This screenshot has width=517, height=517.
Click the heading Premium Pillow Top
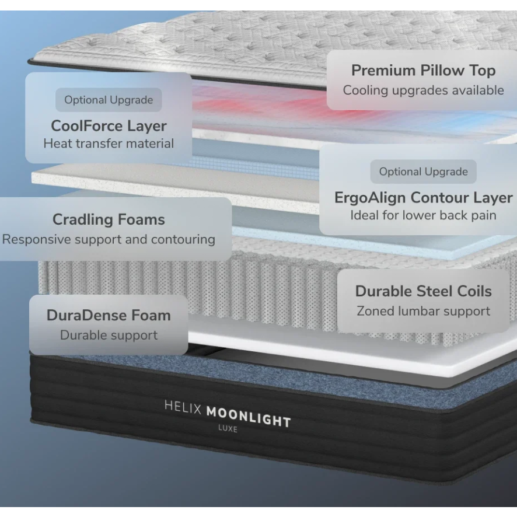coord(424,71)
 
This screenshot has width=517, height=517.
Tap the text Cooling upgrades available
coord(424,90)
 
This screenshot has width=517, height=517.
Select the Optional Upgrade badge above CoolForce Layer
coord(109,100)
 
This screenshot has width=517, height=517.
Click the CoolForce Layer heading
coord(109,126)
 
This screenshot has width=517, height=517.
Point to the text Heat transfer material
coord(109,144)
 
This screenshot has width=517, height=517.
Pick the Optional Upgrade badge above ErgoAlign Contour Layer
coord(424,172)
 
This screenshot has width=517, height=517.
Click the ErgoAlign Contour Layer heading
coord(424,198)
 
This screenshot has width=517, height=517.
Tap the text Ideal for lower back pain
coord(424,215)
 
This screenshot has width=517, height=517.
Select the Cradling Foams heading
coord(109,219)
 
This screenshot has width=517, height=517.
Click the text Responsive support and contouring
coord(109,239)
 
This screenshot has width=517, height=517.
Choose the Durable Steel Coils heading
coord(424,291)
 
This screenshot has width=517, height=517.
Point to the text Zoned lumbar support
coord(424,311)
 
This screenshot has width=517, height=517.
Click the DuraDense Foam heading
coord(109,315)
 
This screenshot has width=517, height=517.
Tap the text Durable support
coord(109,335)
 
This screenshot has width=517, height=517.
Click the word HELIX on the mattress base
coord(183,407)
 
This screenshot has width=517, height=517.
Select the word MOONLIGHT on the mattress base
coord(249,417)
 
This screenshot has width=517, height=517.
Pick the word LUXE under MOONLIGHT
coord(228,429)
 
